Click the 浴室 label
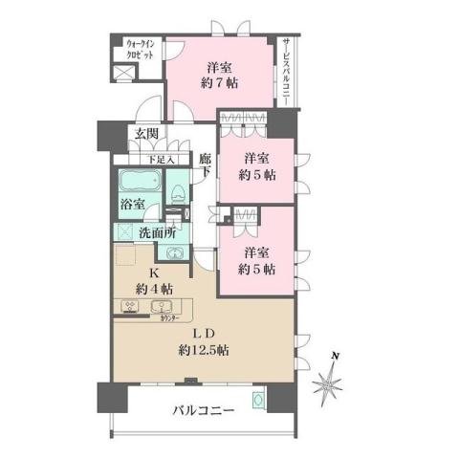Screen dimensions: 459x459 click(x=132, y=204)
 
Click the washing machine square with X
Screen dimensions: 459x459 click(x=125, y=231)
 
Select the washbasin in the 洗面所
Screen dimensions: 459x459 click(x=175, y=252)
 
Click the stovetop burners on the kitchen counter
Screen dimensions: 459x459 click(x=129, y=306)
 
